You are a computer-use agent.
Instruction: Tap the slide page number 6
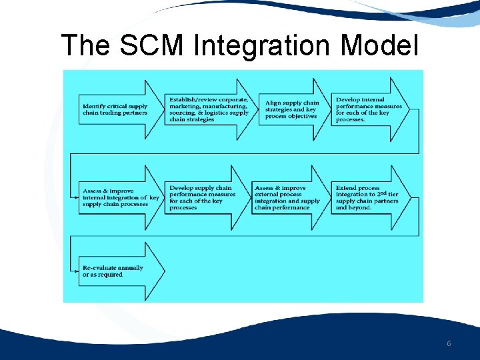click(x=449, y=343)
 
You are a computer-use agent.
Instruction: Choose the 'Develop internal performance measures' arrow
click(x=370, y=109)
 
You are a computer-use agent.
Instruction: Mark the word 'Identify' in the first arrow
click(x=93, y=106)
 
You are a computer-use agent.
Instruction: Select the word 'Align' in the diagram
click(x=273, y=103)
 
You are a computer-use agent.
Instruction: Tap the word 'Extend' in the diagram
click(x=346, y=188)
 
